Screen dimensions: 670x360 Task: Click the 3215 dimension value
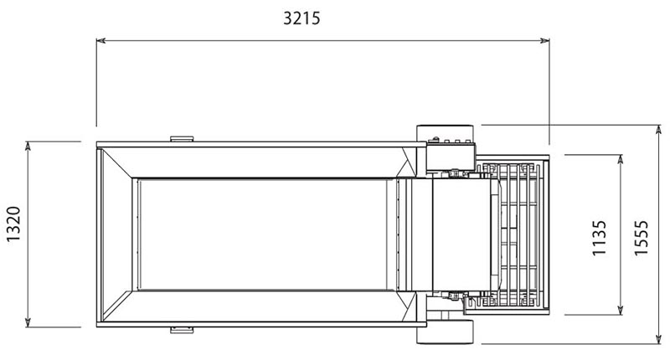(301, 18)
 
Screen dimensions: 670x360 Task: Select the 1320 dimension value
(13, 224)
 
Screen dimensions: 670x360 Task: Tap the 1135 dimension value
(599, 238)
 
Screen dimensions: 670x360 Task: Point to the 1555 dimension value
(641, 238)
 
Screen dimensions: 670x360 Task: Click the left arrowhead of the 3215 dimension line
(100, 40)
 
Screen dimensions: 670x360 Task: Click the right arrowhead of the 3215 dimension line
(545, 40)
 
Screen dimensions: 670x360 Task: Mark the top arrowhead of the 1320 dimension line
(28, 146)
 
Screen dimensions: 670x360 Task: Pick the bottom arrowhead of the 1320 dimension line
(28, 322)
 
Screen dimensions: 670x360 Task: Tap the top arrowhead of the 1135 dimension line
(621, 159)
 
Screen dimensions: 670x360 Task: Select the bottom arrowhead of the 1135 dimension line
(621, 310)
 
